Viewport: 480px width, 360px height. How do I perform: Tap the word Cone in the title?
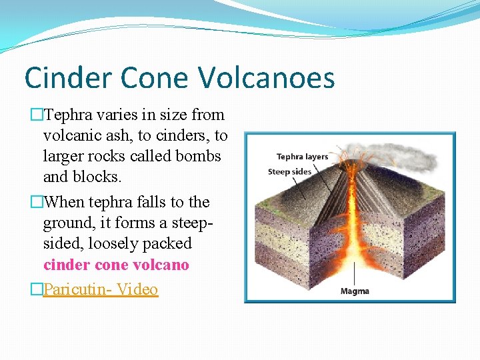pos(157,77)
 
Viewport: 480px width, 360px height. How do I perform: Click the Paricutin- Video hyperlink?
pos(101,289)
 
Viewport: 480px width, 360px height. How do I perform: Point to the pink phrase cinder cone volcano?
pos(116,265)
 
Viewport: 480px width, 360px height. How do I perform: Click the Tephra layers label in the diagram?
pos(302,157)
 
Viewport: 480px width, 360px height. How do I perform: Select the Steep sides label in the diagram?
pos(289,171)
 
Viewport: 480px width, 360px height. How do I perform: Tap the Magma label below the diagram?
pos(355,291)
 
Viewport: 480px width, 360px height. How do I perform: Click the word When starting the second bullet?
pos(64,202)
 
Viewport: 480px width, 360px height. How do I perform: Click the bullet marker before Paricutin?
pos(37,290)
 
